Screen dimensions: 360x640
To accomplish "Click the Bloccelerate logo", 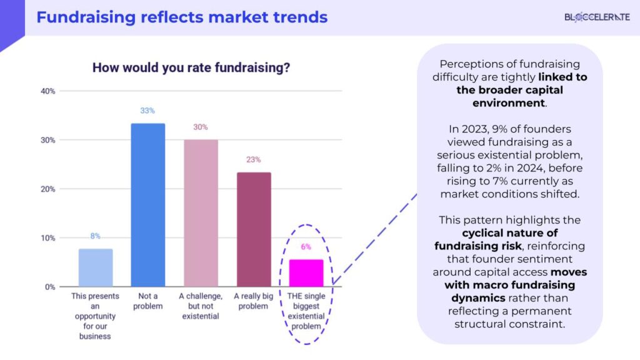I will click(x=597, y=17).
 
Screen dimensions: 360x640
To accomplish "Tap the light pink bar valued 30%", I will click(x=201, y=213).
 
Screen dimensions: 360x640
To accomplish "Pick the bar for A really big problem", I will click(x=253, y=229).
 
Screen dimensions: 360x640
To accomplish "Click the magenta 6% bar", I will click(x=306, y=273).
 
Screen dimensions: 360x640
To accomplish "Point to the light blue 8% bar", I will click(x=95, y=267).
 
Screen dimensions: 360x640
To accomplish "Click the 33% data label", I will click(x=147, y=111).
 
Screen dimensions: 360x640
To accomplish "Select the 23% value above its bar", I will click(x=253, y=160).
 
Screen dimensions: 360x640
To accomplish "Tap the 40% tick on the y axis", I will click(x=47, y=91).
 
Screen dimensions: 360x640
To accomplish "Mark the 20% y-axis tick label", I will click(x=47, y=189).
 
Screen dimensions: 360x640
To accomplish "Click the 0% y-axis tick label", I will click(x=49, y=287).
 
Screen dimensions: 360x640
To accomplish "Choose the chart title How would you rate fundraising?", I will click(x=191, y=67).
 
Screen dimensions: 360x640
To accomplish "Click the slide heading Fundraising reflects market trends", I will click(x=182, y=17).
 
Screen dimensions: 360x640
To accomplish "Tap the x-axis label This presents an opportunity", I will click(x=95, y=316).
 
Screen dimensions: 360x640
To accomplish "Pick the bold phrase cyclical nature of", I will click(x=509, y=233).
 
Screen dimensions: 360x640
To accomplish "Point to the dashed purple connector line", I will click(x=375, y=237).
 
